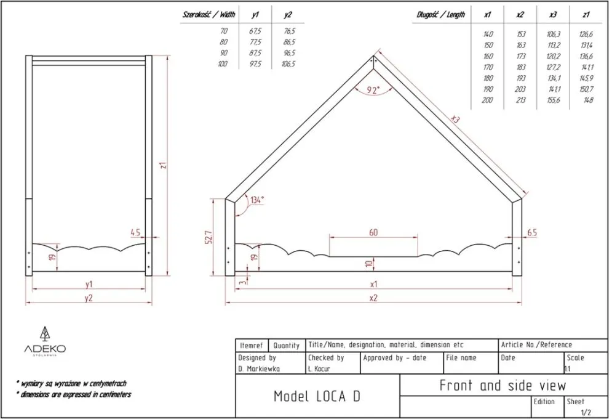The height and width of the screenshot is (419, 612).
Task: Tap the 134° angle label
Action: tap(257, 200)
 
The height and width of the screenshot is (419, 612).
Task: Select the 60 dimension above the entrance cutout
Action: tap(373, 232)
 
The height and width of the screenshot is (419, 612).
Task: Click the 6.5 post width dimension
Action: tap(532, 233)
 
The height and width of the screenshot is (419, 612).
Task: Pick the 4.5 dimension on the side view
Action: tap(135, 232)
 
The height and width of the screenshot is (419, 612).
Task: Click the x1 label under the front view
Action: tap(373, 284)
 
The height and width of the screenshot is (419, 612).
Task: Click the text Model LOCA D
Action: tap(317, 396)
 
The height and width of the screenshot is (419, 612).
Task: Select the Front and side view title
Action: tap(502, 386)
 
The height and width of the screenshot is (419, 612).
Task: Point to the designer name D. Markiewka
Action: tap(258, 369)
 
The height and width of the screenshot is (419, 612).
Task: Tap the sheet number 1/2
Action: tap(585, 412)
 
